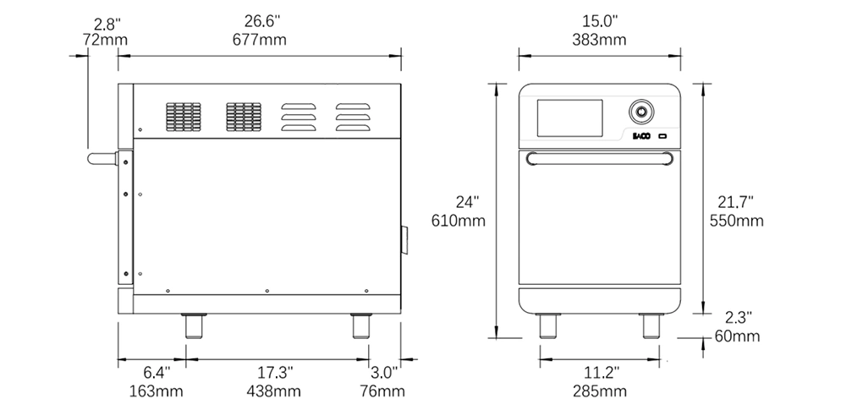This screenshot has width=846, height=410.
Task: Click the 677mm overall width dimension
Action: coord(258,39)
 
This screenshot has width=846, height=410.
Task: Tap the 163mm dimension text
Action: coord(157,391)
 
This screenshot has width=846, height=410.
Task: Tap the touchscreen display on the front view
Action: coord(570,118)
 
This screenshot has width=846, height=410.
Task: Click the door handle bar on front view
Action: coord(600,157)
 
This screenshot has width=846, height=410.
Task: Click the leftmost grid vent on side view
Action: coord(183,118)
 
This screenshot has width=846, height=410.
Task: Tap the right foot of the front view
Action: coord(651,325)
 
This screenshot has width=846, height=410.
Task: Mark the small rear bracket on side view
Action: coord(404,238)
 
